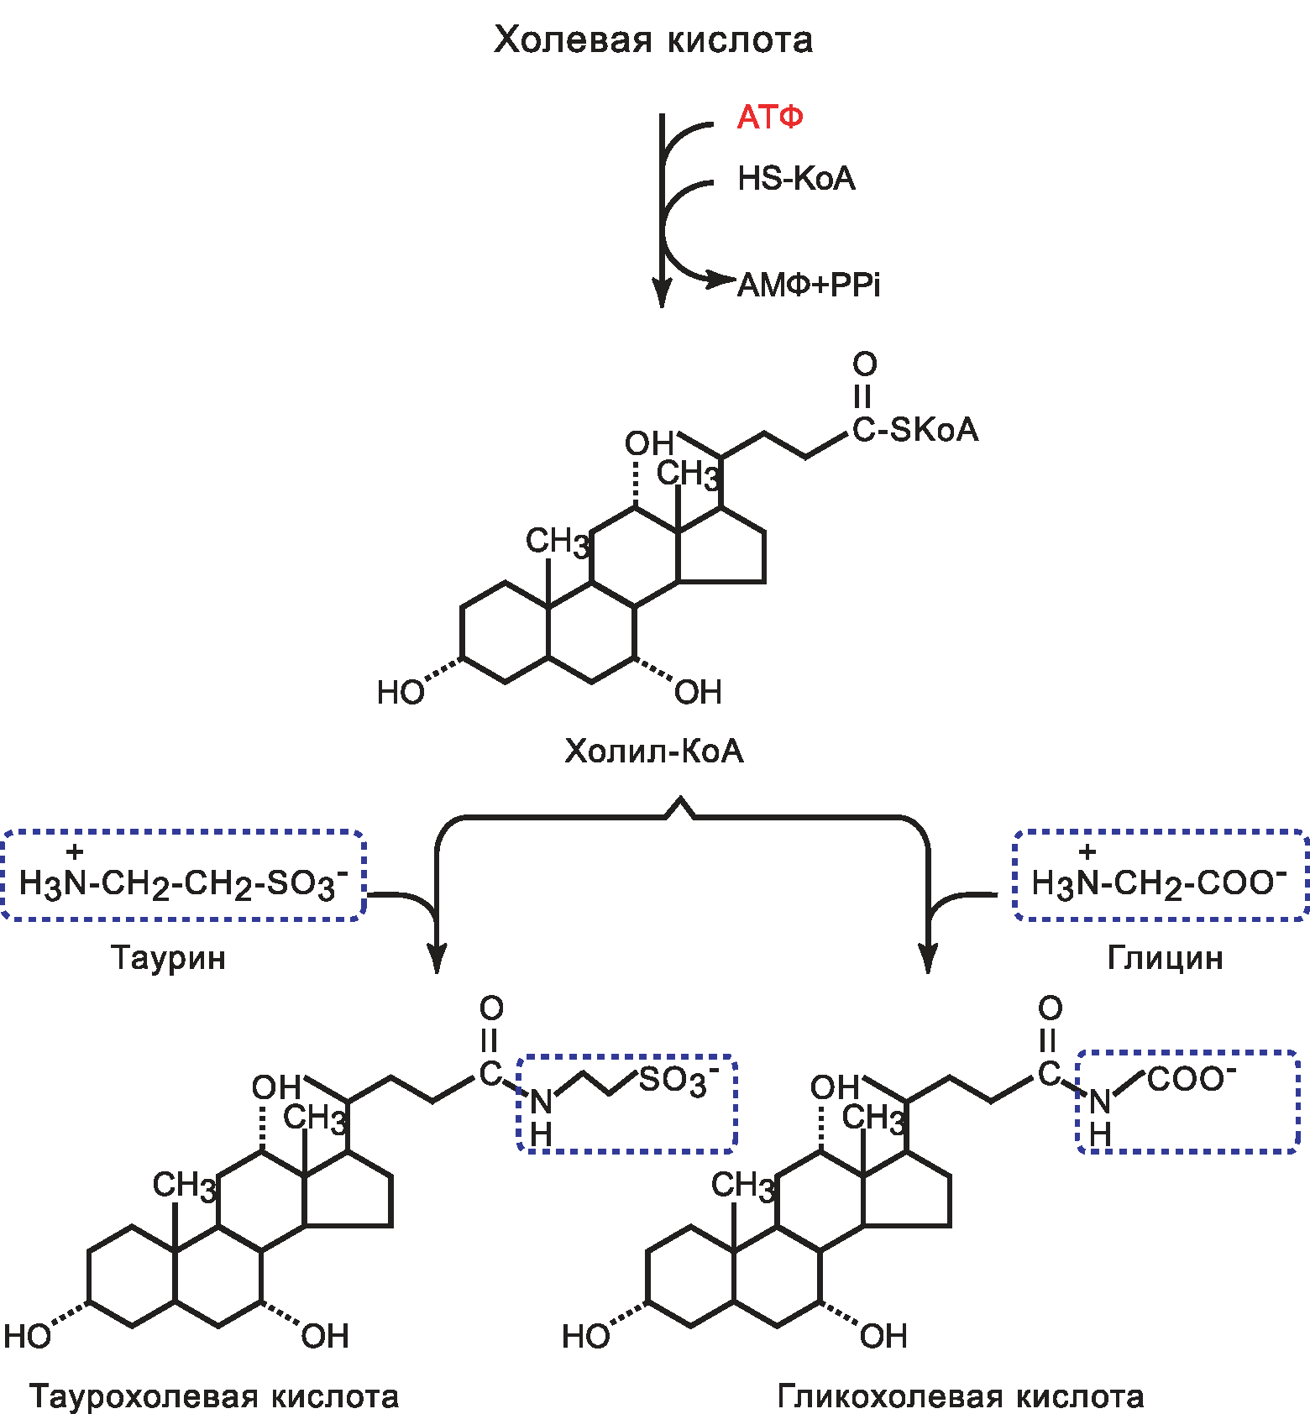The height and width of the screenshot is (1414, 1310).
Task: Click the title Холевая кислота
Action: click(653, 40)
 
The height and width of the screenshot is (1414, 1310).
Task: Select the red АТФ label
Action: click(770, 117)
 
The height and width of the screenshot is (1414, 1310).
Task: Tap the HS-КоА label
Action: click(796, 178)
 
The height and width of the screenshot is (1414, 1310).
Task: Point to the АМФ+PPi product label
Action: click(809, 285)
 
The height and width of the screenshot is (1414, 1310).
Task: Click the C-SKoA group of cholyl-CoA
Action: click(915, 430)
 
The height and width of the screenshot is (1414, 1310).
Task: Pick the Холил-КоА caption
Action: click(653, 751)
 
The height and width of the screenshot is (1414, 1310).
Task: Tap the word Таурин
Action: click(169, 957)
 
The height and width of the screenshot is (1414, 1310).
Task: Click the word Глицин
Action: click(1165, 957)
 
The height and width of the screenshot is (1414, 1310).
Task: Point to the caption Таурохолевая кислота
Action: click(214, 1396)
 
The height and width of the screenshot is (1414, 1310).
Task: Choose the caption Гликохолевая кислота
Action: click(961, 1396)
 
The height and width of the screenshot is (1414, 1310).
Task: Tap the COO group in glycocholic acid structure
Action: click(1189, 1079)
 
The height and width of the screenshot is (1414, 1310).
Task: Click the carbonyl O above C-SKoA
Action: click(865, 364)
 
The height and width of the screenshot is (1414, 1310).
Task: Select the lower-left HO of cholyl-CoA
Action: click(400, 693)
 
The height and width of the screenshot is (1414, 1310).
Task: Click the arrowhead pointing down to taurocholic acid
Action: click(437, 957)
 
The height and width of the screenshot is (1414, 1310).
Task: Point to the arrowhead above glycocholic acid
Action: click(928, 957)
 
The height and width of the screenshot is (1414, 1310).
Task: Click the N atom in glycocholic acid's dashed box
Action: click(1100, 1101)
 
